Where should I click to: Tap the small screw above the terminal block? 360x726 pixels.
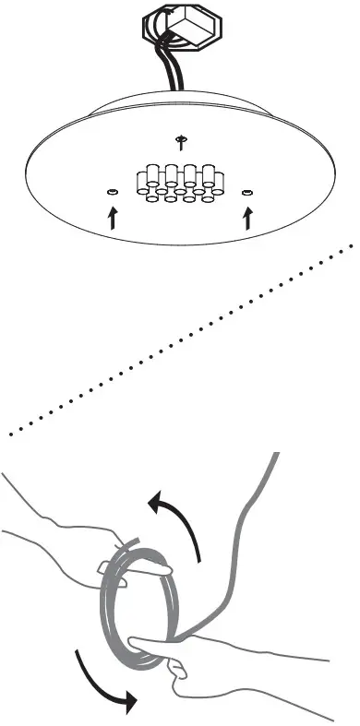pyautogui.click(x=181, y=140)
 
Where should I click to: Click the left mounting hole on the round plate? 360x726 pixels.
pyautogui.click(x=112, y=192)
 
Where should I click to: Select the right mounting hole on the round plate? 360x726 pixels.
pyautogui.click(x=246, y=192)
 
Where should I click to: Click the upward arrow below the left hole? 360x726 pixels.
pyautogui.click(x=114, y=217)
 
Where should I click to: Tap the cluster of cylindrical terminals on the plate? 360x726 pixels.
pyautogui.click(x=180, y=183)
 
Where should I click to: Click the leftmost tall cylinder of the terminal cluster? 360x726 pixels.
pyautogui.click(x=146, y=175)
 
